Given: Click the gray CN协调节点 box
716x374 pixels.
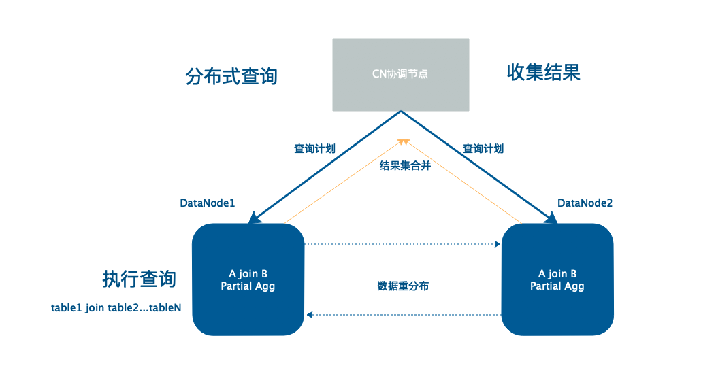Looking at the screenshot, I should [x=400, y=74].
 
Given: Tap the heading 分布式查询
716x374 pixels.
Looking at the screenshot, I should [x=231, y=76].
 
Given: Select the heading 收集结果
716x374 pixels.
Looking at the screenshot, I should [x=543, y=73].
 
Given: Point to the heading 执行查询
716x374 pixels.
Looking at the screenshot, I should [x=139, y=279].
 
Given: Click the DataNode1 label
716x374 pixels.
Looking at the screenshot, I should [x=207, y=203].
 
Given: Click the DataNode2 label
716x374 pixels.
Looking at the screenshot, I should [x=585, y=203].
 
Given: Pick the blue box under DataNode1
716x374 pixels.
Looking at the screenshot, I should [x=248, y=279].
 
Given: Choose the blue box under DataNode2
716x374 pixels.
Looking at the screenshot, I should [x=557, y=279].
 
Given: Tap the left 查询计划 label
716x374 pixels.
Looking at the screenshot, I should [x=314, y=148].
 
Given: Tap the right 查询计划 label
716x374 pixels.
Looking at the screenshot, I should [x=483, y=148].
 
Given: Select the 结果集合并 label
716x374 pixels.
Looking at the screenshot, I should [x=405, y=166].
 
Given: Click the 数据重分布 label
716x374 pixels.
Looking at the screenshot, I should [x=403, y=286].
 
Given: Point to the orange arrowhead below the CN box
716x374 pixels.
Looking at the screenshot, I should [x=403, y=141].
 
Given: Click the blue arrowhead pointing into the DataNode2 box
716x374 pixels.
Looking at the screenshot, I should [x=552, y=218].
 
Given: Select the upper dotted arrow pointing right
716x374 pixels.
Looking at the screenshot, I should [x=402, y=243].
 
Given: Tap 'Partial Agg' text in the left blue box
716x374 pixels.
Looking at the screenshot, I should [x=248, y=286].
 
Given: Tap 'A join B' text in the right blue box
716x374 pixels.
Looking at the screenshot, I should [x=557, y=273].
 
